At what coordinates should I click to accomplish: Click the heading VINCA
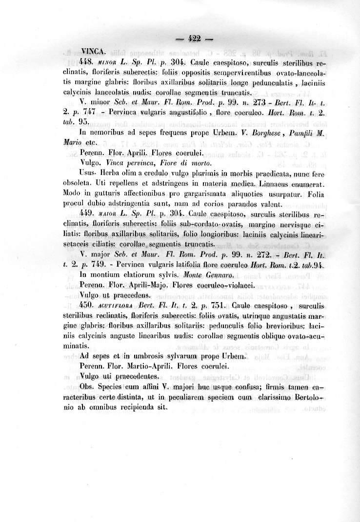pyautogui.click(x=92, y=51)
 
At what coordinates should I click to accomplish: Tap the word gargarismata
pyautogui.click(x=201, y=194)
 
